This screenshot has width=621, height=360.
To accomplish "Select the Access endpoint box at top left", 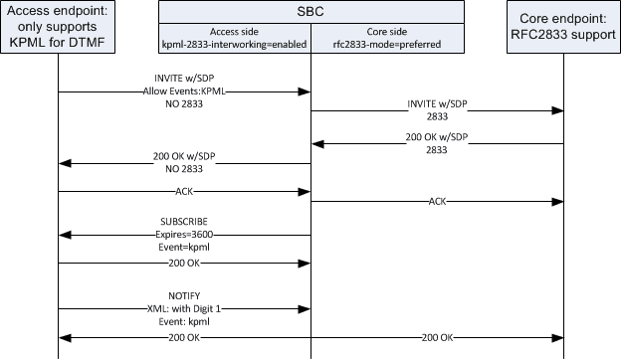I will click(59, 28).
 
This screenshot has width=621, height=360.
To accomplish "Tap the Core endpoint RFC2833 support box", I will click(564, 27).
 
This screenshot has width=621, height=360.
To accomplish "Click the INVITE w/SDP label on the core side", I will click(437, 103).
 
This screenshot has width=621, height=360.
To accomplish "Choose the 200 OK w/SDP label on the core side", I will click(437, 136).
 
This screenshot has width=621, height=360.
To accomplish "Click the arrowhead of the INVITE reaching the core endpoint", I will click(559, 111).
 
